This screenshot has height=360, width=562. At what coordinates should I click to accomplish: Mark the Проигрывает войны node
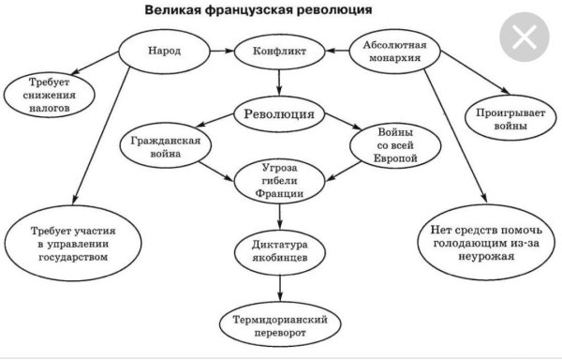(508, 117)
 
